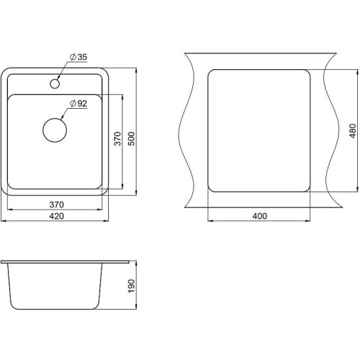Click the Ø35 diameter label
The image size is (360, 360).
pos(78,57)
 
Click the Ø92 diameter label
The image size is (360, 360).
pos(78,104)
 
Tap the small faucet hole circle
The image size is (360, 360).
pos(55,84)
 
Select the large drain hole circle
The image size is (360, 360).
pos(55,130)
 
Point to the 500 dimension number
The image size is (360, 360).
pos(132,138)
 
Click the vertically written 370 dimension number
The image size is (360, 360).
pos(117,138)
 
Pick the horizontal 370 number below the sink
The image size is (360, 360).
pos(57,204)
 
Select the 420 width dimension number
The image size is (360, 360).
pos(57,216)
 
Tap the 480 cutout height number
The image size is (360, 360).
pos(352,131)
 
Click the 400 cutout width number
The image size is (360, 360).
pos(260,216)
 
